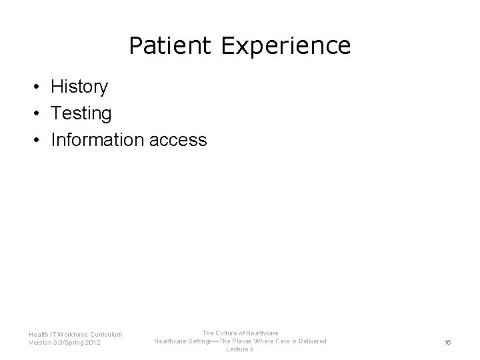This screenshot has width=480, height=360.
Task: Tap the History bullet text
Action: tap(79, 87)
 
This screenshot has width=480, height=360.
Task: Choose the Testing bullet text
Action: tap(81, 113)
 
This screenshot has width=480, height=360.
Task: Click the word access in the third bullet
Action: tap(178, 140)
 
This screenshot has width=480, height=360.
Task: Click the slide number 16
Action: tap(447, 342)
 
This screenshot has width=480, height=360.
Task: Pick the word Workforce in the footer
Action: tap(71, 334)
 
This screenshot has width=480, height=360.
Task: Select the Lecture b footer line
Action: tap(239, 350)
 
